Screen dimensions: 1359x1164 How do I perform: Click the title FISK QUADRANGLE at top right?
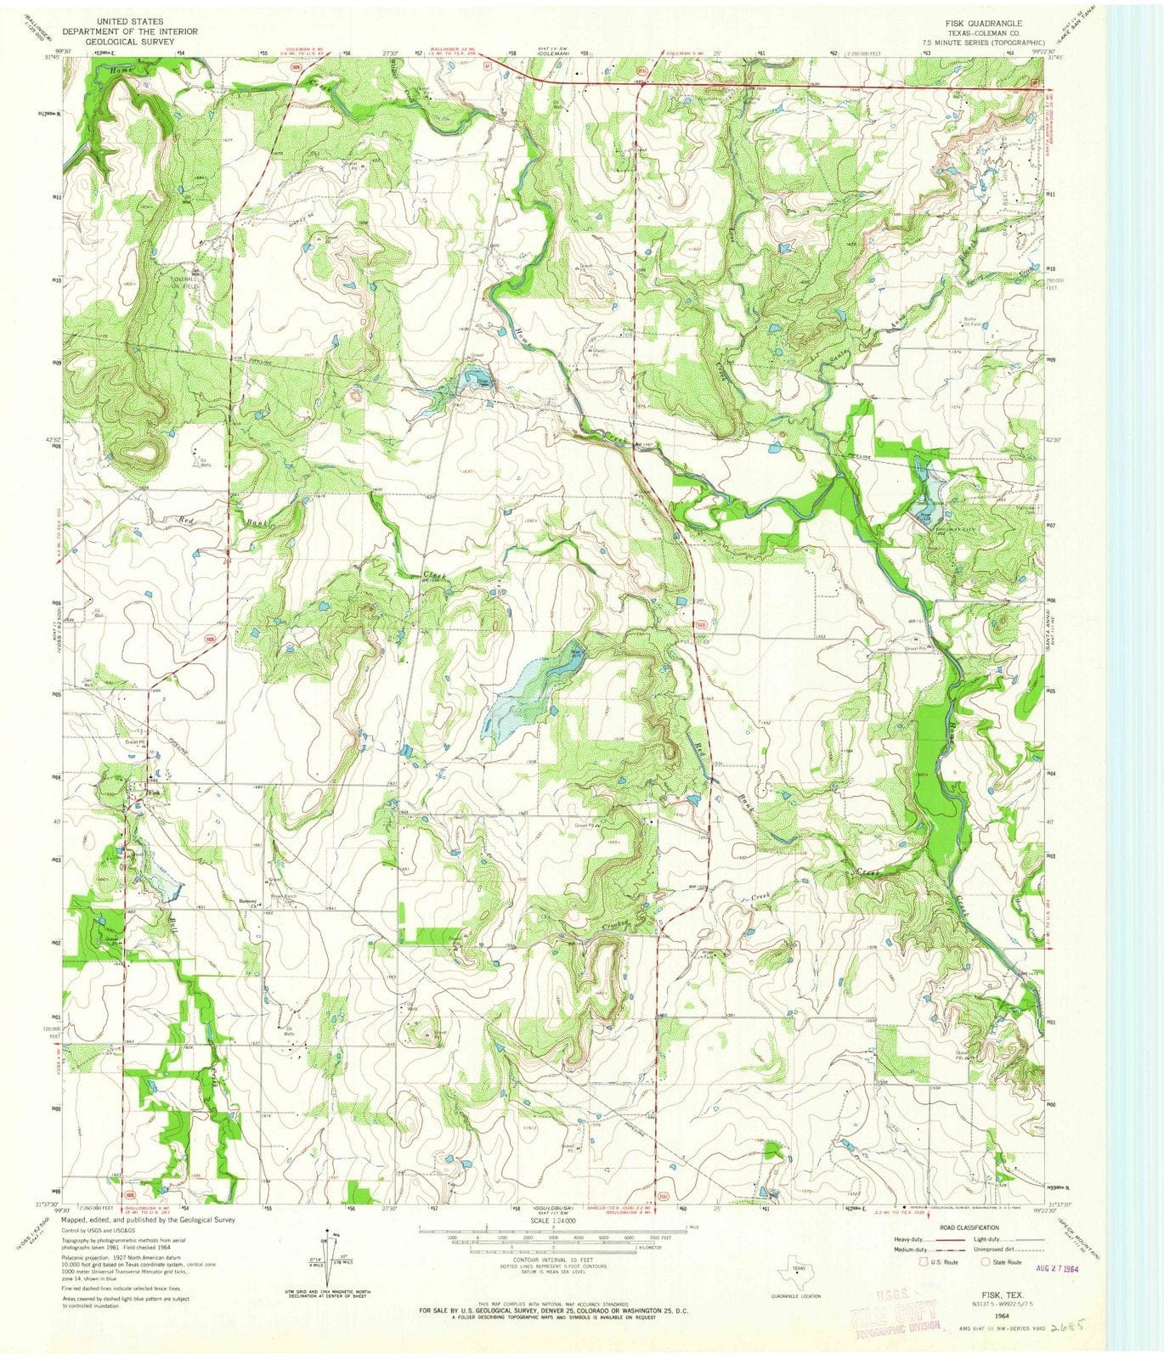click(980, 23)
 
